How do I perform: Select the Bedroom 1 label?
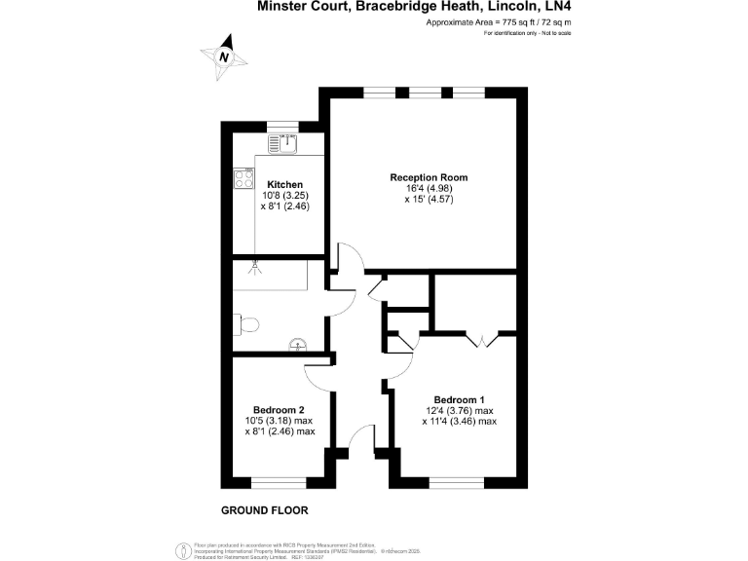(459, 400)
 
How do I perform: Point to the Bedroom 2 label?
(280, 409)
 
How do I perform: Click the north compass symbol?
(223, 56)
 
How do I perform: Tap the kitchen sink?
(288, 143)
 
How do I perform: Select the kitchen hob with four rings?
(243, 179)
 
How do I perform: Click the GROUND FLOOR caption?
(264, 509)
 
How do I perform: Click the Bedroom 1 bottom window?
(457, 482)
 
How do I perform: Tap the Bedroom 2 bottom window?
(280, 482)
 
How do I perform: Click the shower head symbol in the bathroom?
(257, 263)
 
